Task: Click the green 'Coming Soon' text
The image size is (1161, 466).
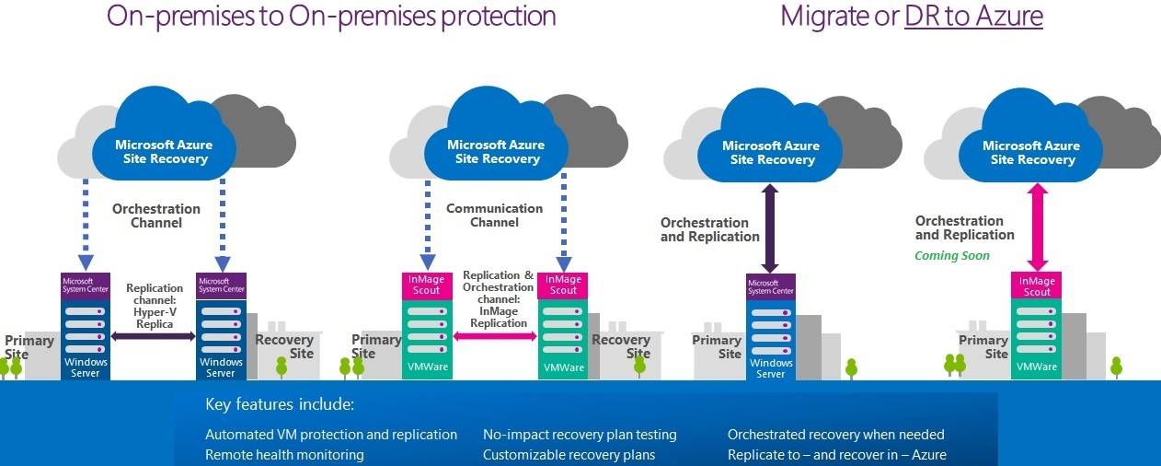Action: coord(952,255)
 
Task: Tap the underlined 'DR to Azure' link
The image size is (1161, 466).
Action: coord(973,16)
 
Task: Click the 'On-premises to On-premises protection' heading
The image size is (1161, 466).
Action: coord(331,16)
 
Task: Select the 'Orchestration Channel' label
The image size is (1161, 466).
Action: coord(155,216)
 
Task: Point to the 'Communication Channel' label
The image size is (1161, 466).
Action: coord(494,216)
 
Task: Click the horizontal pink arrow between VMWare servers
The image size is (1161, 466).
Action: coord(495,337)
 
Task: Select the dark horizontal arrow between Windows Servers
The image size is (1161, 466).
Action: coord(154,337)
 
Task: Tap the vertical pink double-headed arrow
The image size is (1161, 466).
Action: coord(1032,227)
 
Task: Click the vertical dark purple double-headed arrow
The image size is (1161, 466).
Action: coord(770,227)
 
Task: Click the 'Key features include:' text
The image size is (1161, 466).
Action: coord(280,405)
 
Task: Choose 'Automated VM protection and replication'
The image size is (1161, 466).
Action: coord(331,435)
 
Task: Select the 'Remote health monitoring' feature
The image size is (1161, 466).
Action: coord(284,455)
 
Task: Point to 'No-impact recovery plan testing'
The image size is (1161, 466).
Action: coord(580,435)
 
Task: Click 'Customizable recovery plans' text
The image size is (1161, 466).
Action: coord(569,455)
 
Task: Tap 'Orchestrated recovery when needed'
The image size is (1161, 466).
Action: coord(835,435)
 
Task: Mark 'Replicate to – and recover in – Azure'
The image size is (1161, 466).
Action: coord(836,455)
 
